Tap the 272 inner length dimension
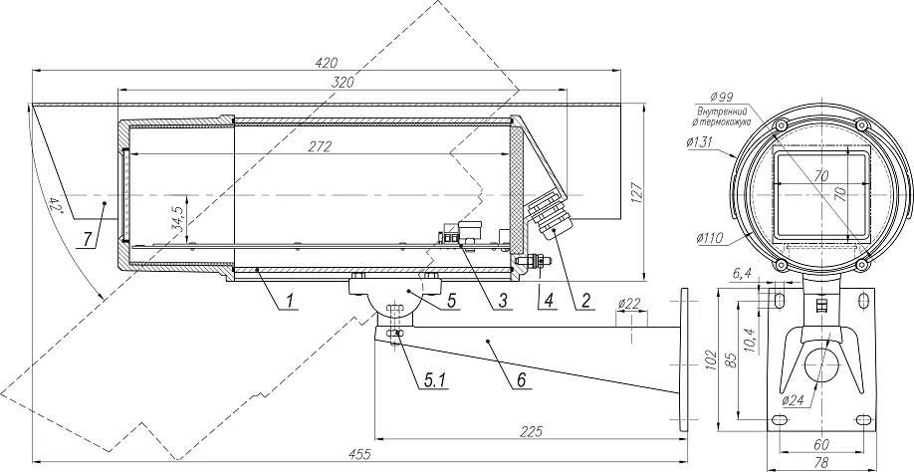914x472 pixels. pyautogui.click(x=320, y=146)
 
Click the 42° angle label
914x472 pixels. pyautogui.click(x=57, y=206)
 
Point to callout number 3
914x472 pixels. pyautogui.click(x=504, y=300)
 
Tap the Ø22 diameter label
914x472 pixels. pyautogui.click(x=629, y=302)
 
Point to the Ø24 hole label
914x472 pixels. pyautogui.click(x=794, y=400)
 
